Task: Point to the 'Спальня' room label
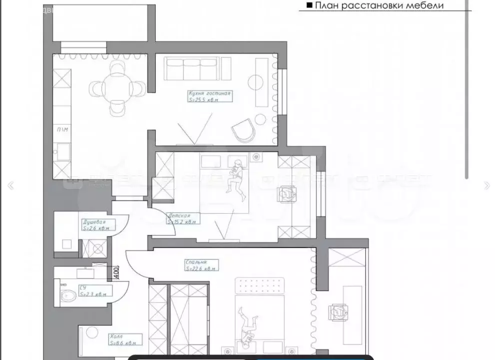coord(195,262)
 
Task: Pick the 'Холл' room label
coord(115,337)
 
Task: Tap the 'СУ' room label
coord(82,288)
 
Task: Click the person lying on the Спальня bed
coord(248,327)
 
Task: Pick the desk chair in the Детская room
coord(287,193)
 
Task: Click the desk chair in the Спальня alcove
coord(337,313)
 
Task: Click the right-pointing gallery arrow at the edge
coord(488,186)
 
